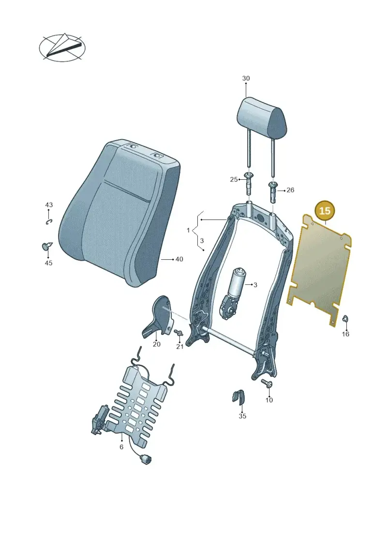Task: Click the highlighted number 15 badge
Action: tap(325, 211)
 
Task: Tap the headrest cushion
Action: tap(263, 117)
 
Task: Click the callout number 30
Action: tap(246, 78)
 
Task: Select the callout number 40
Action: tap(179, 259)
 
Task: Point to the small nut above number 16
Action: tap(345, 319)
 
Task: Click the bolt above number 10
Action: tap(268, 383)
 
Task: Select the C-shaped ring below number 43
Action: tap(49, 221)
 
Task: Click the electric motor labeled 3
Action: tap(231, 291)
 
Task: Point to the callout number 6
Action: tap(121, 447)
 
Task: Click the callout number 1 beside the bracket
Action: tap(189, 230)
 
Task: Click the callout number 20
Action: tap(157, 344)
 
